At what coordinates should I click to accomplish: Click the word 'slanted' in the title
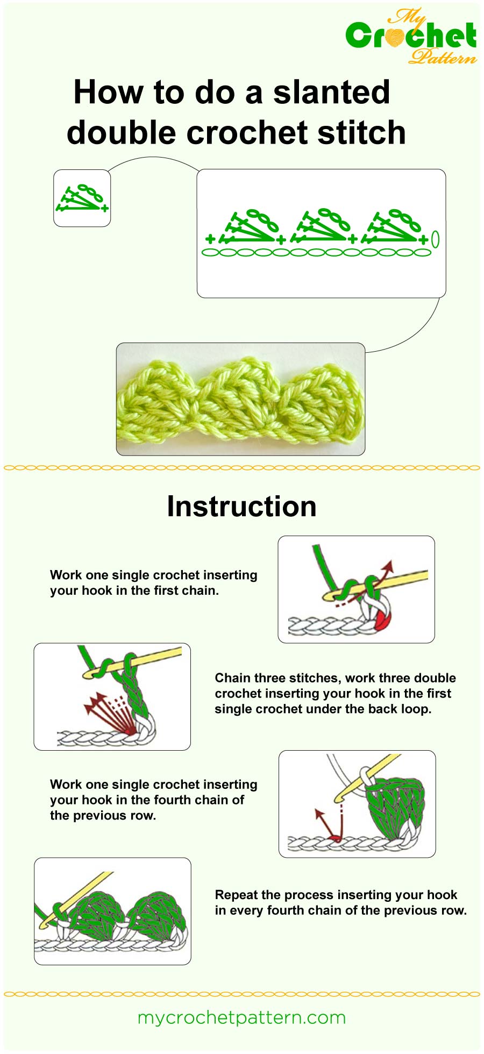tap(331, 92)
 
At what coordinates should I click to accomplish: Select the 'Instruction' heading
tap(241, 507)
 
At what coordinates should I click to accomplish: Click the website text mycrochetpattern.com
tap(241, 1017)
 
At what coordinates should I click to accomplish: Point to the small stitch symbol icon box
tap(82, 198)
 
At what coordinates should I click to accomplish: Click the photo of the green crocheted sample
tap(240, 399)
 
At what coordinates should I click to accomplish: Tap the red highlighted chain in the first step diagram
tap(383, 622)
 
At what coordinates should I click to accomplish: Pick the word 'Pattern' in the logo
tap(442, 56)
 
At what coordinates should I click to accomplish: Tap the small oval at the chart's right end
tap(435, 239)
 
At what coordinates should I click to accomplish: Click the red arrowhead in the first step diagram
tap(389, 566)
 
